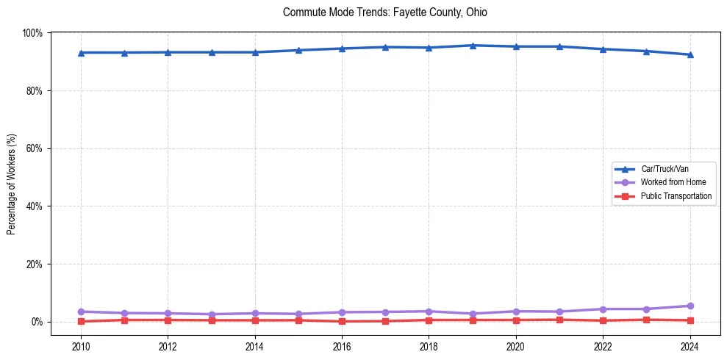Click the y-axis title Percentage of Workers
click(11, 184)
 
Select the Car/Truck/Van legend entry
click(665, 169)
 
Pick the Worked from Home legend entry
click(673, 182)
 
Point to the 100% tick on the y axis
click(32, 33)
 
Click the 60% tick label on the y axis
click(34, 148)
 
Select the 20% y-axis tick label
click(34, 264)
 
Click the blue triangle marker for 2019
click(473, 46)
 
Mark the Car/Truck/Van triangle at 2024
click(690, 54)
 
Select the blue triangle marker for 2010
click(81, 53)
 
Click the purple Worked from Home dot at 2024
click(690, 306)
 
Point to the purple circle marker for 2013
click(212, 314)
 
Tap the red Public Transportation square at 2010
click(81, 321)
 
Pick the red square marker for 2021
click(559, 320)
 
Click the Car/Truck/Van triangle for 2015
click(298, 50)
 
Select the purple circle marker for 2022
click(603, 309)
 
